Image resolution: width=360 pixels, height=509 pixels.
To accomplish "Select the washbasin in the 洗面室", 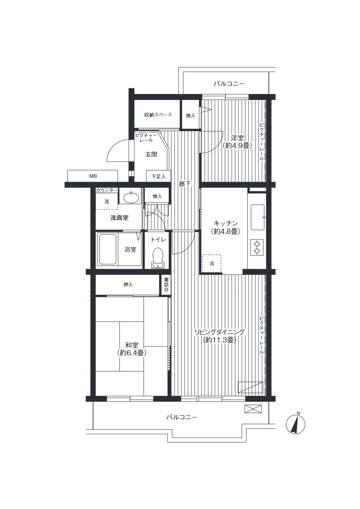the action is [x=131, y=197].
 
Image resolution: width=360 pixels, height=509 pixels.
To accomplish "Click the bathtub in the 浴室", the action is [x=107, y=249].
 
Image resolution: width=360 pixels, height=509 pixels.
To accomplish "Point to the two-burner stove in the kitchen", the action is [x=257, y=247].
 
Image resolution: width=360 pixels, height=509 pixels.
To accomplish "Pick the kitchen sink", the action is [x=257, y=217].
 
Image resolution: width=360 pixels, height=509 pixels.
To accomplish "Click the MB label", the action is [x=93, y=176].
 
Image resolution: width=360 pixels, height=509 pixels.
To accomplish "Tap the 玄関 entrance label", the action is [x=151, y=154].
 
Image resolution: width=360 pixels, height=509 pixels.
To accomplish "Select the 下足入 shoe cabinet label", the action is [x=159, y=176].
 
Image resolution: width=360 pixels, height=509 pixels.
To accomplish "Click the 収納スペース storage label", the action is [x=158, y=115].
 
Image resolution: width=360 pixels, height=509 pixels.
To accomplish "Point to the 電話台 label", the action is [x=166, y=284].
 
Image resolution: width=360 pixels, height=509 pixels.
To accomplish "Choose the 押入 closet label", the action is [x=128, y=284].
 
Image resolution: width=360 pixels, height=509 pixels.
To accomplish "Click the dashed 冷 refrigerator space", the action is [x=211, y=264].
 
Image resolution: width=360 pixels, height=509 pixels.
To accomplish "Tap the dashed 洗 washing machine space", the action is [x=107, y=201].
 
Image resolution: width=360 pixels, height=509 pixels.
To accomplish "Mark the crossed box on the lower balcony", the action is [x=253, y=409].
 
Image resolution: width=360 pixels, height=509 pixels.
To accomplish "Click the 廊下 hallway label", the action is [x=185, y=184].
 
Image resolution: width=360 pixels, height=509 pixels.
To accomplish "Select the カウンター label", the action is [x=107, y=190].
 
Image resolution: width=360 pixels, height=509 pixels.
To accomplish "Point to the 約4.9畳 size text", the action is [x=238, y=146].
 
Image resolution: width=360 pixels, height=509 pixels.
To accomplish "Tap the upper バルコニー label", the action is [x=229, y=83].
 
